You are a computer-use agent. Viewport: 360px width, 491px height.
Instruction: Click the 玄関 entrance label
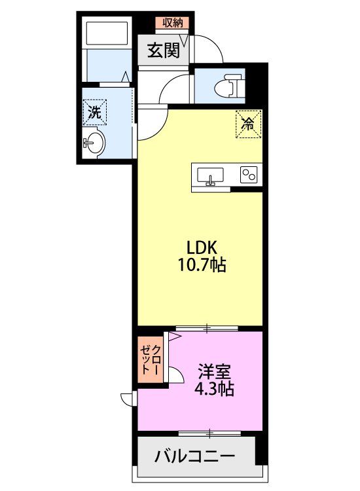click(163, 51)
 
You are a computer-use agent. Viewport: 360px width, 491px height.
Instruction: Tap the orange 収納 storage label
click(172, 23)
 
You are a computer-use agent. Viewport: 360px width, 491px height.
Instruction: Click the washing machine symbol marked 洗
click(96, 112)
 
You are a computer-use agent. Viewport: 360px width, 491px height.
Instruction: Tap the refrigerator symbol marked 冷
click(249, 124)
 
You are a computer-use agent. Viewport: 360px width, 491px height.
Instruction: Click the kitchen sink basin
click(210, 175)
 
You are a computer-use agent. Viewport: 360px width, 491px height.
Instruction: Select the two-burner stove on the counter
click(248, 175)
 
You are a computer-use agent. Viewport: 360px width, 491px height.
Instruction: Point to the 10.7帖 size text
click(202, 266)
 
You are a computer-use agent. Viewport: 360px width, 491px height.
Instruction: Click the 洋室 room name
click(214, 372)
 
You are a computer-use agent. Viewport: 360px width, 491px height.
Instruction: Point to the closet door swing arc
click(173, 376)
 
